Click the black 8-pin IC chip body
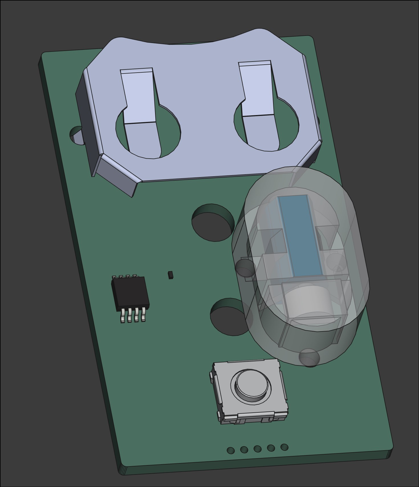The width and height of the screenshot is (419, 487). (x=130, y=293)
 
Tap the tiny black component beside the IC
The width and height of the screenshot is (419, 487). (x=170, y=275)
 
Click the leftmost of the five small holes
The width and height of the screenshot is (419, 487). (x=231, y=450)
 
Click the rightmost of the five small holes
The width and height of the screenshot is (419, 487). (x=284, y=447)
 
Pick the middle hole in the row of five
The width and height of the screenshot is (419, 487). (x=257, y=449)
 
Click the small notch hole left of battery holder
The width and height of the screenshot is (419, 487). (x=75, y=135)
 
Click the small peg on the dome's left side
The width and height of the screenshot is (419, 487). (x=245, y=267)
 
